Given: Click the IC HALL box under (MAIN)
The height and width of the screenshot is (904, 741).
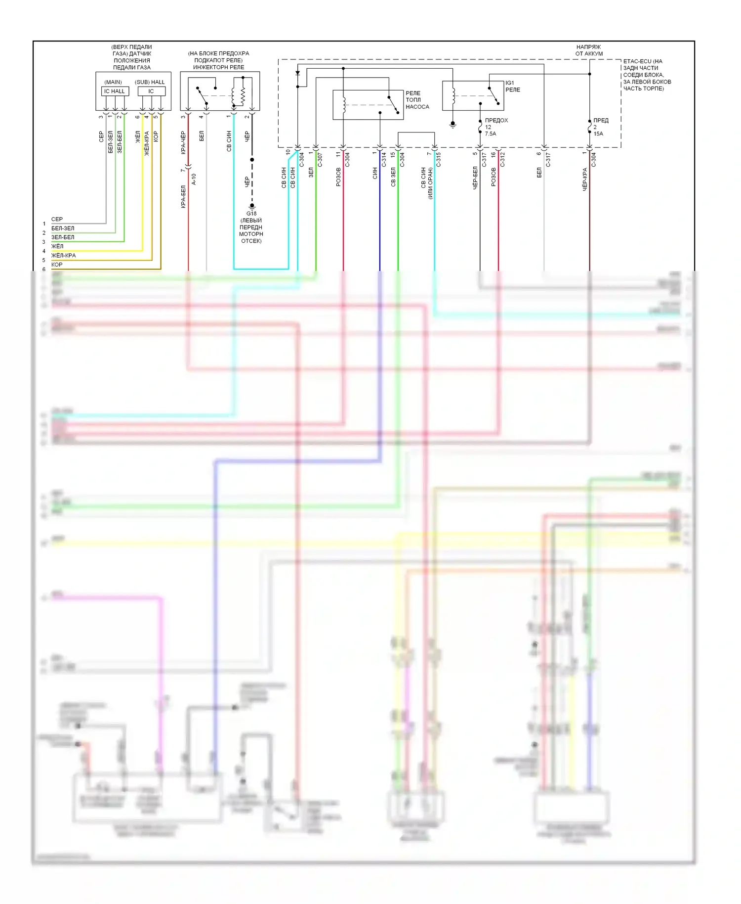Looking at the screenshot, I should pos(115,91).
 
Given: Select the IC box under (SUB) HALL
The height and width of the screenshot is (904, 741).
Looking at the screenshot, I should pos(151,91).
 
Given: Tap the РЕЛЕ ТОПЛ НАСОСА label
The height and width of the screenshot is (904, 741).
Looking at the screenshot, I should pos(417,100).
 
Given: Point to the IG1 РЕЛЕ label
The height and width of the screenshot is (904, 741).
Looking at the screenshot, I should pos(512,86).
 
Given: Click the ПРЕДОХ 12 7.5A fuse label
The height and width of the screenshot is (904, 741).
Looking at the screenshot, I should pos(495,127).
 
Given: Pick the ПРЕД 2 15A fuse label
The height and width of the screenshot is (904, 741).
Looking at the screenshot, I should pos(600,127).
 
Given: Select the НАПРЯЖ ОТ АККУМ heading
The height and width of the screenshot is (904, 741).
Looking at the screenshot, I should pos(588,50).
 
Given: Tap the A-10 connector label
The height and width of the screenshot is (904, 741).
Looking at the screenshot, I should pos(194,179).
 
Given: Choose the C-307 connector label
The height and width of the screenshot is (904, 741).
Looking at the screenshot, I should pos(320,160).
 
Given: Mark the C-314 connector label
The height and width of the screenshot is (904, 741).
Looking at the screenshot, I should pos(384,160).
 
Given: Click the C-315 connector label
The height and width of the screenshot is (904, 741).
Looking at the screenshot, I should pos(438,160).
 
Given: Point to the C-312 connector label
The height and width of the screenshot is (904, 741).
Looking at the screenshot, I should pos(502,160).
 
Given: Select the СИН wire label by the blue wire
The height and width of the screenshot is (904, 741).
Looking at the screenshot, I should pos(375,173).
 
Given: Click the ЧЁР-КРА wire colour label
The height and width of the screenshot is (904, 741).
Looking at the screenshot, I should pos(584,179).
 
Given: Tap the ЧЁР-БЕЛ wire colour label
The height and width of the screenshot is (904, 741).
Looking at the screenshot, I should pos(475,178).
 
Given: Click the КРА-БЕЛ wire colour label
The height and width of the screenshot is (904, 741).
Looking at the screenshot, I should pos(183,196).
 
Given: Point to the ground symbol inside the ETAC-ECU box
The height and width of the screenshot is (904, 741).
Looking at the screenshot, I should pos(453,124).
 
